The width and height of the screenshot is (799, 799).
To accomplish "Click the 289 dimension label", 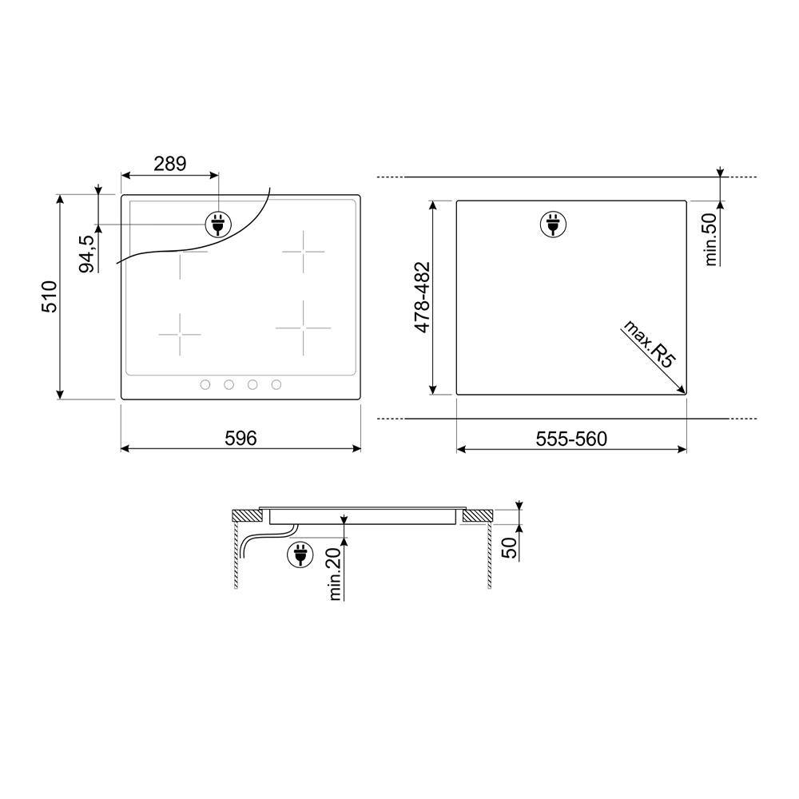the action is [x=170, y=164].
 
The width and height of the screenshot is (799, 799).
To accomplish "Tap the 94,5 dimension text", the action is [x=86, y=254].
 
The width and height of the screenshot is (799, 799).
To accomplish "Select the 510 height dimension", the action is [x=50, y=296].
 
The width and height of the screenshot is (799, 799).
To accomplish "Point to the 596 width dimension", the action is [x=240, y=438].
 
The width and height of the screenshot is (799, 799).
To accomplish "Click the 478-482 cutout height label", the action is [x=423, y=297].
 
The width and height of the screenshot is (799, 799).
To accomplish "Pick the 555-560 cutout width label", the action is [x=571, y=439].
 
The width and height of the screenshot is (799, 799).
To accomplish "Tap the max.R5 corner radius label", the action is [x=650, y=344].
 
